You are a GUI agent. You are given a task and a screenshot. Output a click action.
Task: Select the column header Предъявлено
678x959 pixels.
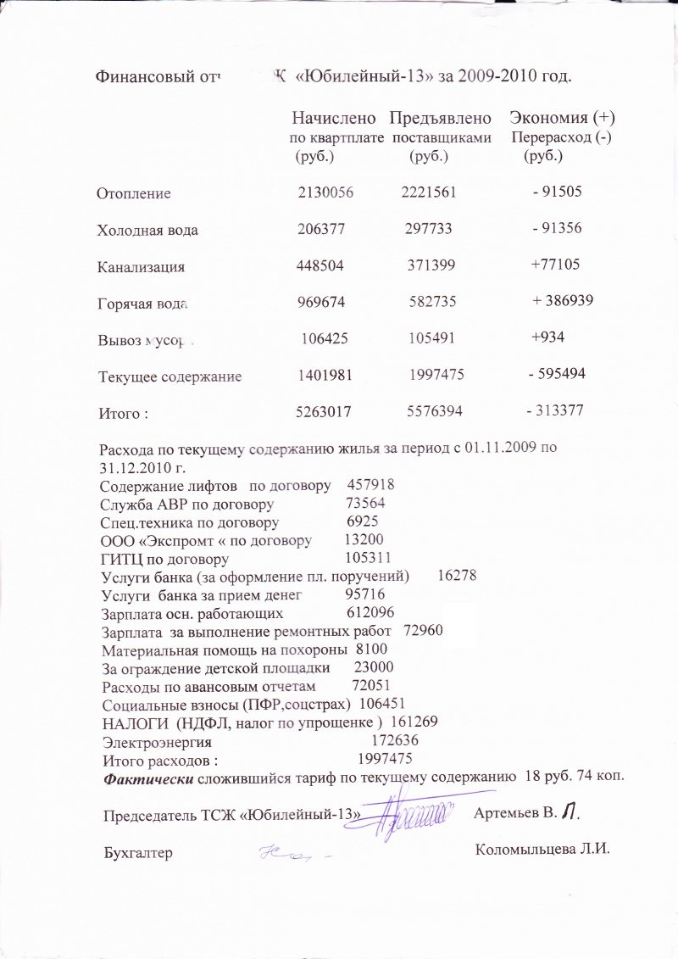pos(440,118)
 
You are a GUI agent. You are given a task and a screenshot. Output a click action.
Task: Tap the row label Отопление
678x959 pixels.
pos(135,193)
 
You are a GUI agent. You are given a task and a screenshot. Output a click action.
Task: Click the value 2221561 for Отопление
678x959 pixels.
pos(429,192)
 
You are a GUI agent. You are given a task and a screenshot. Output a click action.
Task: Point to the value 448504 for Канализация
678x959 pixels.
pos(320,265)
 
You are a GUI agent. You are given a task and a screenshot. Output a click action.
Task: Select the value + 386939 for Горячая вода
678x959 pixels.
pos(563,301)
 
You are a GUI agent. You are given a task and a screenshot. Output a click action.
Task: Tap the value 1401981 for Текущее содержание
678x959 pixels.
pos(325,374)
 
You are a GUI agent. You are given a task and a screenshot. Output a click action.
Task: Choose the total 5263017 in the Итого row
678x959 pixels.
pos(323,411)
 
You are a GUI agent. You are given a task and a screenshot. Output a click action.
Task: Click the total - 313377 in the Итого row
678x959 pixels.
pos(555,410)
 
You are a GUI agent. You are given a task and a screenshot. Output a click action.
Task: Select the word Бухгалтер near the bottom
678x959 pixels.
pos(137,853)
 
